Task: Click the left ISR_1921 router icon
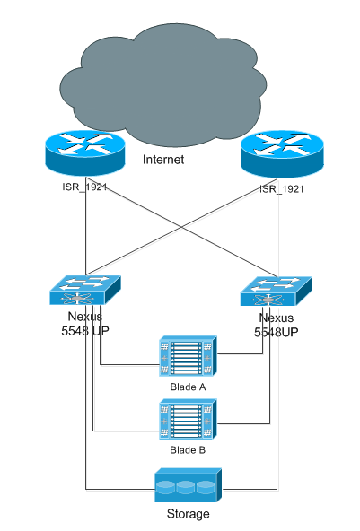(x=85, y=153)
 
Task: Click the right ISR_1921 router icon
(x=282, y=154)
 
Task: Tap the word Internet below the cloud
(x=163, y=160)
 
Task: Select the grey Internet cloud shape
(x=163, y=84)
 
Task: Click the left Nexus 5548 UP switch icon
(x=85, y=290)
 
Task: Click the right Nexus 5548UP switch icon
(x=276, y=292)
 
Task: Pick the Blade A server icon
(x=188, y=356)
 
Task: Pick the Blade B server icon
(x=188, y=419)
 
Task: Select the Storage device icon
(x=189, y=485)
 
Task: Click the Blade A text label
(x=188, y=387)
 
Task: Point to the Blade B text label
(x=188, y=450)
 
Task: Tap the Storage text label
(x=189, y=514)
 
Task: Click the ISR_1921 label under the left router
(x=84, y=187)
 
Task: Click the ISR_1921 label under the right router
(x=282, y=189)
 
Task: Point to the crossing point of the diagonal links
(x=181, y=227)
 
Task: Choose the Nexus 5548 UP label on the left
(x=85, y=324)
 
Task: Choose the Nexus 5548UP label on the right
(x=277, y=325)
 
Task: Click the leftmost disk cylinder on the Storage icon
(x=166, y=487)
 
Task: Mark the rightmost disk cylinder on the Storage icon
(x=206, y=487)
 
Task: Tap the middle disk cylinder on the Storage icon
(x=186, y=487)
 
